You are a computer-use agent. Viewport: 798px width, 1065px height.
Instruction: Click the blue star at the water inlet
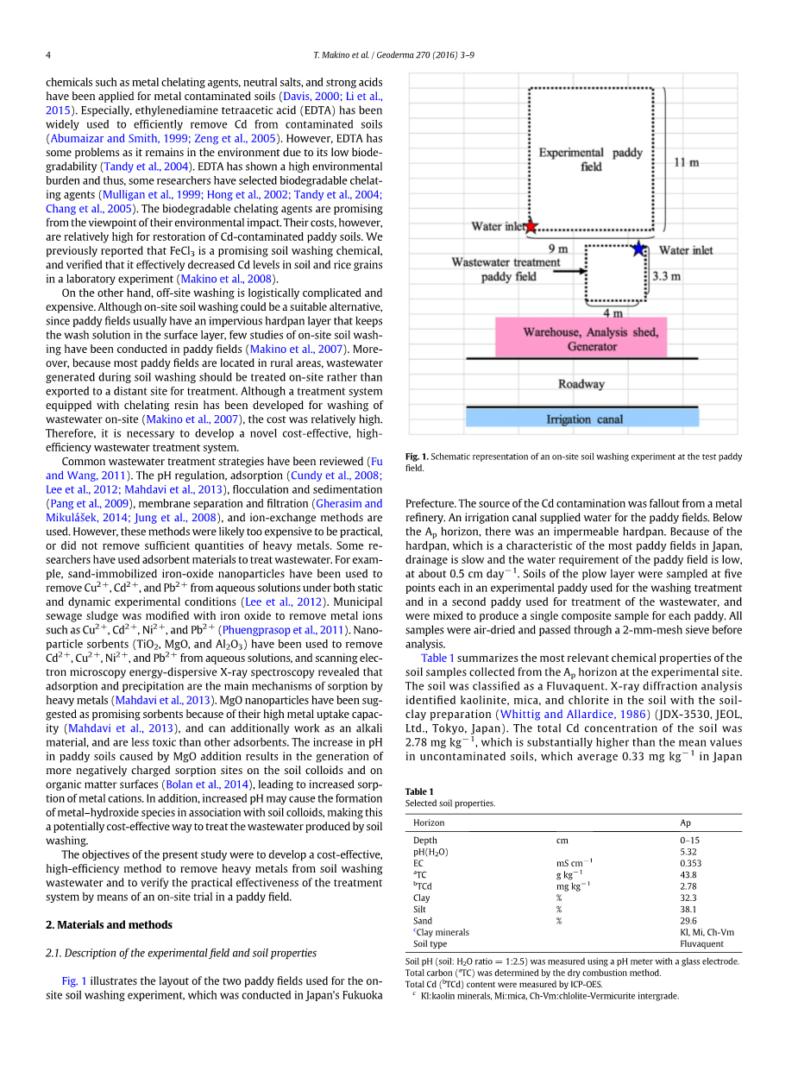pos(638,249)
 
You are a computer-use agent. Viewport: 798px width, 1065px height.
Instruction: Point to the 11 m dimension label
pos(686,161)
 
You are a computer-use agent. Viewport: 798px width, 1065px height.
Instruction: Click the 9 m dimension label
pos(558,249)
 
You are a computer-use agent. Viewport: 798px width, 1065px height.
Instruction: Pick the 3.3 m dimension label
pos(666,276)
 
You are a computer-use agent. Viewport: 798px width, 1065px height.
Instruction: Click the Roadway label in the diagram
pos(581,384)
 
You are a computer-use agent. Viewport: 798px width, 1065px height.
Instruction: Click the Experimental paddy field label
pos(590,159)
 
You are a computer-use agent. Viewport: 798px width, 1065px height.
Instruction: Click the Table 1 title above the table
pos(419,791)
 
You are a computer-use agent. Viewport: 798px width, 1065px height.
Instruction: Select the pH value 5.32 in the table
pos(688,851)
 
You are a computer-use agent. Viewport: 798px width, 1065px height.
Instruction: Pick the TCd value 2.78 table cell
pos(688,885)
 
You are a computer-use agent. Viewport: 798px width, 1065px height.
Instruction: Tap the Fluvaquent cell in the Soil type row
pos(701,943)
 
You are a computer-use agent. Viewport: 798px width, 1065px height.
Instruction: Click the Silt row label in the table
pos(420,909)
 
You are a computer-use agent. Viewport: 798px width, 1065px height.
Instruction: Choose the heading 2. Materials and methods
pos(109,924)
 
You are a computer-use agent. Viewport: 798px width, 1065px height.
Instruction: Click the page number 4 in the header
pos(48,55)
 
